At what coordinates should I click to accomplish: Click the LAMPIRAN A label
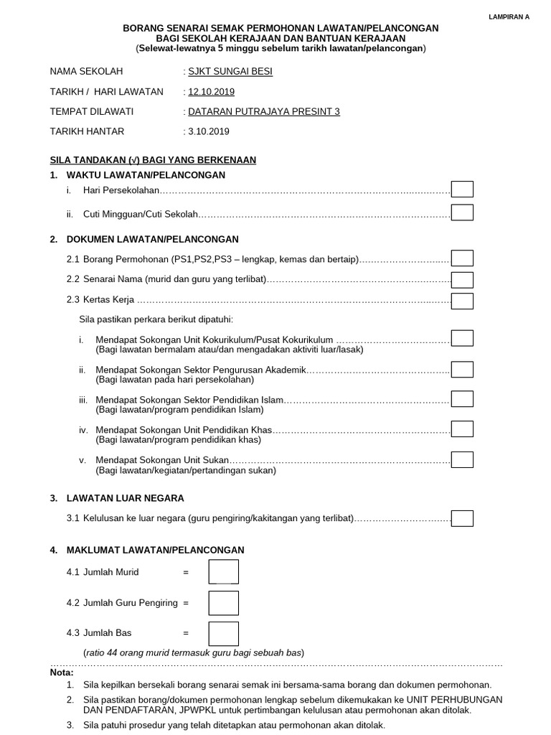(x=509, y=15)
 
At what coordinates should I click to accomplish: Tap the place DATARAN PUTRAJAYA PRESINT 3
(x=263, y=111)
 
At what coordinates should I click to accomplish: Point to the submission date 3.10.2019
(x=209, y=131)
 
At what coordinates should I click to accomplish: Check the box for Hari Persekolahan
(x=462, y=189)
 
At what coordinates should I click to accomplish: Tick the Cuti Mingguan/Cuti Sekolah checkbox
(x=462, y=212)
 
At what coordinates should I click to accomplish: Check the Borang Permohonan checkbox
(x=462, y=258)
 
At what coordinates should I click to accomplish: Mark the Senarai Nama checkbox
(x=462, y=280)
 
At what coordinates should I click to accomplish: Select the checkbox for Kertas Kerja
(x=462, y=301)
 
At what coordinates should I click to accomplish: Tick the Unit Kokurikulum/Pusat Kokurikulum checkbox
(x=462, y=338)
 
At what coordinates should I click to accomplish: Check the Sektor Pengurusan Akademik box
(x=462, y=370)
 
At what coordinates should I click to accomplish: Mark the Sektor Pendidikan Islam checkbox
(x=462, y=398)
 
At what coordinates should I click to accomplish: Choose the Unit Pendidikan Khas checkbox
(x=462, y=429)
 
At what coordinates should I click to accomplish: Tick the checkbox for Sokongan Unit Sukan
(x=462, y=459)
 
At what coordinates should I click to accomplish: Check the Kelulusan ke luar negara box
(x=462, y=518)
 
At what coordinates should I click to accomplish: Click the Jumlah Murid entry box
(x=224, y=572)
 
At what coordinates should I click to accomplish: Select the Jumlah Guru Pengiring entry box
(x=224, y=603)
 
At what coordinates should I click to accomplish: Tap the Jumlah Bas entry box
(x=224, y=633)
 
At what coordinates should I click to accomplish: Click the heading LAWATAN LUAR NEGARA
(x=125, y=498)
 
